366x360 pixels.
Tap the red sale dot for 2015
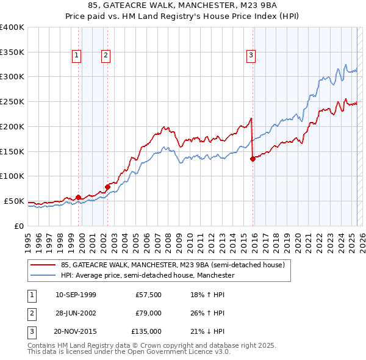click(x=253, y=159)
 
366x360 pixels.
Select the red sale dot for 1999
click(x=78, y=197)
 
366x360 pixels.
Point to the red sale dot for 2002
click(x=107, y=186)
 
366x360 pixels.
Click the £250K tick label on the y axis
click(x=12, y=101)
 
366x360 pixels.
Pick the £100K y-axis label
click(x=12, y=176)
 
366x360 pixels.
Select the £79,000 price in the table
click(x=149, y=314)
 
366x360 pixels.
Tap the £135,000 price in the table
click(x=147, y=331)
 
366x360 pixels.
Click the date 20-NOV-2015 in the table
click(x=76, y=331)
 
